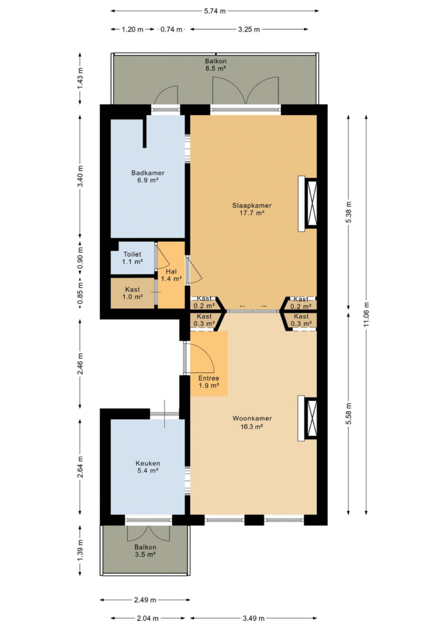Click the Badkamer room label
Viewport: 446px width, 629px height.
coord(148,176)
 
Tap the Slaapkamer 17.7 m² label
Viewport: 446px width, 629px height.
coord(252,209)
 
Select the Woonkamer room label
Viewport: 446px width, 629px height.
coord(252,423)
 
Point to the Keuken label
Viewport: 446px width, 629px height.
coord(148,467)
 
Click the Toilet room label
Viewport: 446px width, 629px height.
coord(132,258)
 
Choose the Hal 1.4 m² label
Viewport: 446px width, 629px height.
coord(171,275)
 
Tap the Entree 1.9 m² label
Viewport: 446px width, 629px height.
coord(208,382)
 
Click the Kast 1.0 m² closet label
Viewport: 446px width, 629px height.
coord(132,293)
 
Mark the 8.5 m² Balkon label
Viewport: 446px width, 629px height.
coord(216,64)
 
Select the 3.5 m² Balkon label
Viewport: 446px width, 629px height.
coord(145,551)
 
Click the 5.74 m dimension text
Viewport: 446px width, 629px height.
coord(215,11)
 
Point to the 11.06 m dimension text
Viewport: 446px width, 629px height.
coord(366,314)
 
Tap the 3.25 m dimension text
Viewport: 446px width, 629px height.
coord(249,30)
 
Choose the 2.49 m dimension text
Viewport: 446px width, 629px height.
coord(145,600)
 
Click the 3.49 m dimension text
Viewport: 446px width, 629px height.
coord(254,618)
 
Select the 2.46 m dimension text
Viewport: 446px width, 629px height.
coord(80,364)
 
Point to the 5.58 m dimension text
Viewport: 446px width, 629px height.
coord(348,413)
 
